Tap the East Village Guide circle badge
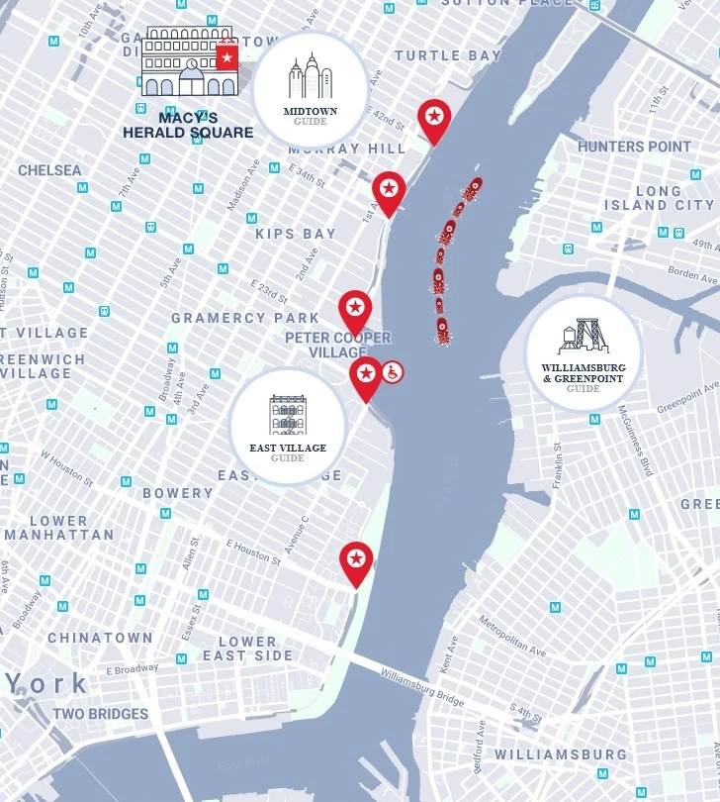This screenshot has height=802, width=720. [288, 427]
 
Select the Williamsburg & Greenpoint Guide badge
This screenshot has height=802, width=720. [584, 352]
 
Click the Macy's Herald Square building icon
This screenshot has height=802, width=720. [190, 62]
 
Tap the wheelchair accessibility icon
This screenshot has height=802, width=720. [392, 372]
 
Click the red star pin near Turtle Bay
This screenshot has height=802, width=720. [433, 118]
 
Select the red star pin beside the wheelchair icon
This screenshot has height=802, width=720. [366, 375]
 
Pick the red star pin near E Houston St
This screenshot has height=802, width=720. [356, 561]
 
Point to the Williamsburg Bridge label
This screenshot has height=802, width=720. [422, 686]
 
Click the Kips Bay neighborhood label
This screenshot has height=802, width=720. [296, 235]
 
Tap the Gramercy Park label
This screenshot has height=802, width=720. [245, 318]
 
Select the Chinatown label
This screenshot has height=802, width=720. [100, 638]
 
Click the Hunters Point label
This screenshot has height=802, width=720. [634, 147]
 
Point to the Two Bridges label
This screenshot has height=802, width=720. [100, 714]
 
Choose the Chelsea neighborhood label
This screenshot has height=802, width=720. [49, 170]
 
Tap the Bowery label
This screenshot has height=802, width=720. [177, 493]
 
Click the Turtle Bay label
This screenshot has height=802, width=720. [447, 55]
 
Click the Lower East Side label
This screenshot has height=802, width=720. [247, 649]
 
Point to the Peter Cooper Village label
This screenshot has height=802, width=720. [337, 345]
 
